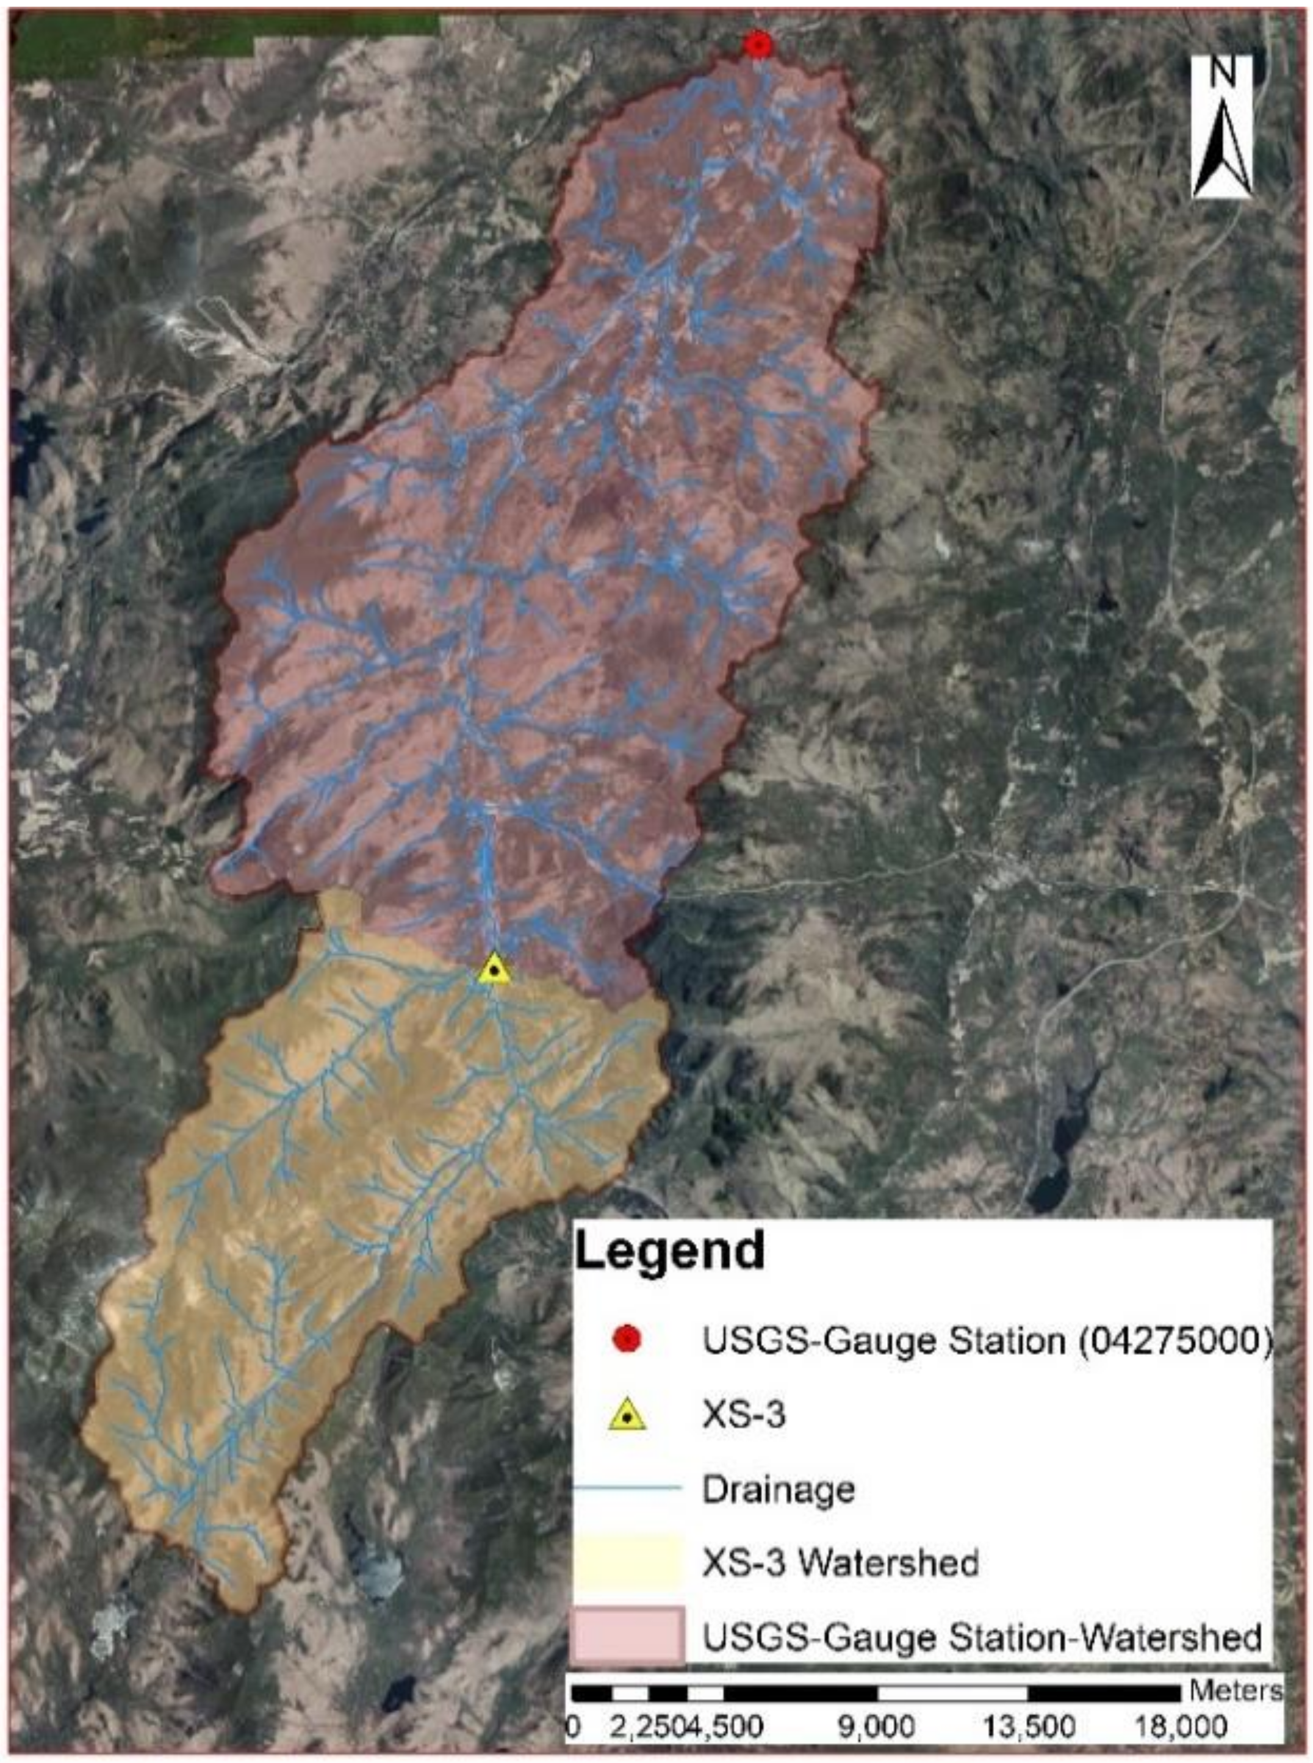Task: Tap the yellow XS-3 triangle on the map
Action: click(x=494, y=970)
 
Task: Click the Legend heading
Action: click(x=669, y=1250)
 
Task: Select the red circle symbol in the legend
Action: click(x=627, y=1341)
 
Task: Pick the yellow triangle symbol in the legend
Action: click(x=627, y=1415)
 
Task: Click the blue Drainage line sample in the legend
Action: click(x=628, y=1488)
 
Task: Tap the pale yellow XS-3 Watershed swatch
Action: click(x=628, y=1562)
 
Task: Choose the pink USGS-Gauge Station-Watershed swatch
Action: click(x=628, y=1636)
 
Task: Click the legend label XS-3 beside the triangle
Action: click(x=743, y=1415)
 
